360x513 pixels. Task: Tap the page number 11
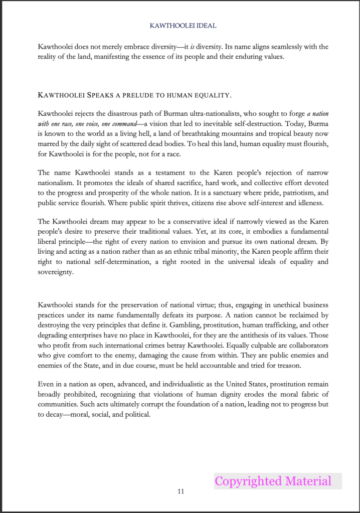[181, 491]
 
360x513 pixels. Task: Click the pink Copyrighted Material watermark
[273, 481]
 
